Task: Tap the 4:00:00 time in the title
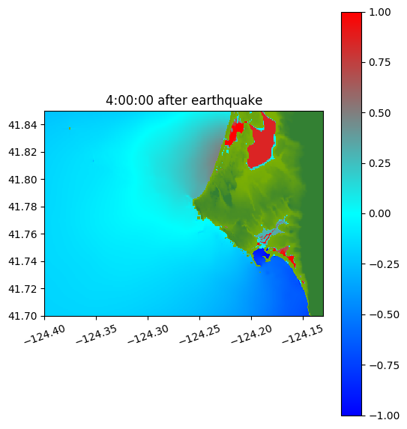[130, 100]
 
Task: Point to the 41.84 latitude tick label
[22, 125]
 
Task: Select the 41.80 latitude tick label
[22, 180]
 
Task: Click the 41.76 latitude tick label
[22, 234]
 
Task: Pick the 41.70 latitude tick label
[22, 316]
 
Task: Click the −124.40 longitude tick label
[45, 334]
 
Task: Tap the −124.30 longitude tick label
[148, 334]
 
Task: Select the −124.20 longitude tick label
[251, 334]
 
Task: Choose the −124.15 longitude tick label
[303, 334]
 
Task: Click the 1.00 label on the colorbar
[379, 12]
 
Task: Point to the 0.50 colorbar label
[379, 113]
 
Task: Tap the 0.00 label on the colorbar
[379, 214]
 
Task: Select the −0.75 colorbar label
[384, 365]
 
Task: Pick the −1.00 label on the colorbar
[384, 416]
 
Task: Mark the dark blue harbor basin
[260, 256]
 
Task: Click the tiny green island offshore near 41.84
[70, 128]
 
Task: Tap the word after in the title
[172, 100]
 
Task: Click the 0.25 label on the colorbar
[379, 164]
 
